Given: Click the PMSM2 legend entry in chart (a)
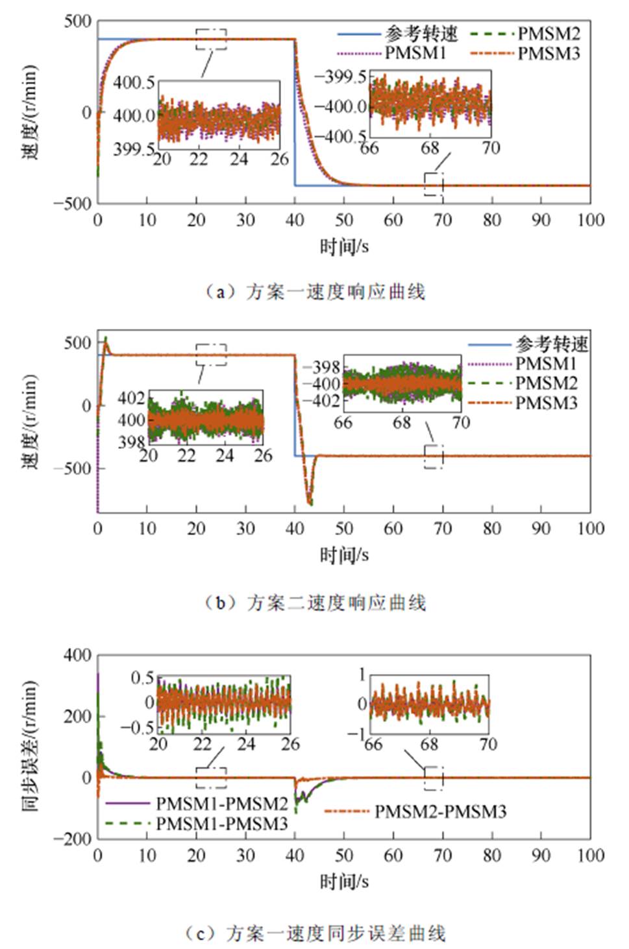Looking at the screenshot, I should (549, 33).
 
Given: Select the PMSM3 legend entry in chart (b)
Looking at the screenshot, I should (546, 403).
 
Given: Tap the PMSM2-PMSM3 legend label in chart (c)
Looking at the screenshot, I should (440, 811).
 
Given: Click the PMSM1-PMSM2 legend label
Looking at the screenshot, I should (221, 804).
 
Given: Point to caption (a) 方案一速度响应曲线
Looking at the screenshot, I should (315, 292).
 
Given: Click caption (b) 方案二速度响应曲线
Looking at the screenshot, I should (315, 603).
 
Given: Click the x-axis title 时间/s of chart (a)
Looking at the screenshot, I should (344, 246).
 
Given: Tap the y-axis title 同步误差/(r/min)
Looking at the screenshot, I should (30, 746).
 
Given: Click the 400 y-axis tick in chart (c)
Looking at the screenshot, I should (77, 655).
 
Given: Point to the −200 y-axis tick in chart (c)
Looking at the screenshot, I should (72, 838).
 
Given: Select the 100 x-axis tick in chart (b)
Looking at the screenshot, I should (590, 529).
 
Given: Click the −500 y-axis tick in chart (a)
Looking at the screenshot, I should (73, 203).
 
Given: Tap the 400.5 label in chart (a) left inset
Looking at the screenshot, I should (134, 82).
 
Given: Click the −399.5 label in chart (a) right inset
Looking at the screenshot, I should (340, 77).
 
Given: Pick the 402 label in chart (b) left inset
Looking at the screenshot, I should (131, 398).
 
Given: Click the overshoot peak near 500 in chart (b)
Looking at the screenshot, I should (106, 339).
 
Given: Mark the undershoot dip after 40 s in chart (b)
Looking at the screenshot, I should (310, 501).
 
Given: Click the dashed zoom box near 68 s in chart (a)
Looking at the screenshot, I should (434, 184).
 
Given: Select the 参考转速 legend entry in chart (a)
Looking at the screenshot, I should (421, 33).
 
